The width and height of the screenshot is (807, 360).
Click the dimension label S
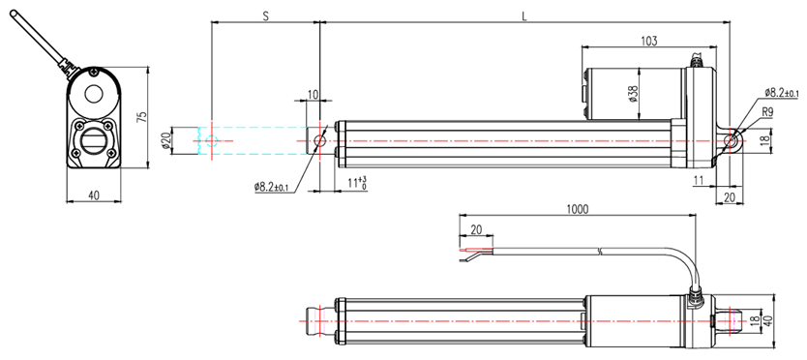(x=265, y=15)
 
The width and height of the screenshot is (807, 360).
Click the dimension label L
(x=523, y=15)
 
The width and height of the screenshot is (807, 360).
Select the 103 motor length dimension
(x=648, y=41)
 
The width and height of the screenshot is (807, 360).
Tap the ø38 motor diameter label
(x=633, y=93)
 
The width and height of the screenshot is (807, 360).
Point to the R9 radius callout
(x=767, y=111)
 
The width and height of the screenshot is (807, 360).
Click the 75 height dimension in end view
(x=143, y=116)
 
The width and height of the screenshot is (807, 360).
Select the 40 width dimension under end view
(x=94, y=195)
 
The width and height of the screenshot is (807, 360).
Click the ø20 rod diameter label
(x=165, y=140)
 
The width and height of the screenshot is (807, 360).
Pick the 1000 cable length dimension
(x=577, y=209)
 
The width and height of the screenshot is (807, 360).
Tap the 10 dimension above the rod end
(x=313, y=94)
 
